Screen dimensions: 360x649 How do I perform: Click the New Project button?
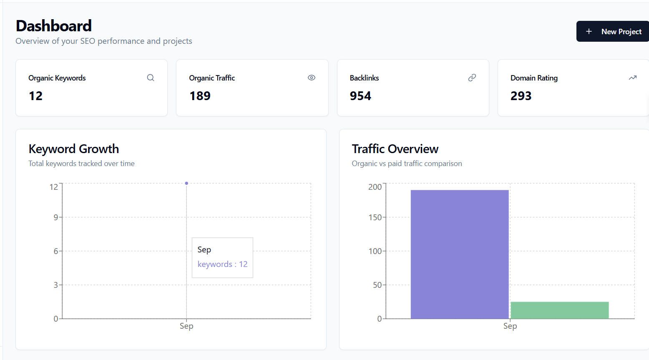613,32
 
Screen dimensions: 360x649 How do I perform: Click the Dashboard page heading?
54,26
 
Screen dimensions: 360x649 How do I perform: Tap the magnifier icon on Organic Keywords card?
151,78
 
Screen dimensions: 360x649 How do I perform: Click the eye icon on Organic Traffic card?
311,78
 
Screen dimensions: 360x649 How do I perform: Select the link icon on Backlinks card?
472,78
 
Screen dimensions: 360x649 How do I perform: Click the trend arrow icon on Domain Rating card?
632,78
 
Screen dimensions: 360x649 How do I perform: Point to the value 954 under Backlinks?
360,96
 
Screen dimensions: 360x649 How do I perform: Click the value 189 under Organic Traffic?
200,96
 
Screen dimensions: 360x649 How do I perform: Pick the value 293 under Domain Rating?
521,96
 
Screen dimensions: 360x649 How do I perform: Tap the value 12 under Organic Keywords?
36,96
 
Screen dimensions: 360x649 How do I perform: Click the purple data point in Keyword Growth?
186,183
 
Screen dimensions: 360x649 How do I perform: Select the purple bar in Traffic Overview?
459,254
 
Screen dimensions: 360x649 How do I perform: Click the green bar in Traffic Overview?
559,310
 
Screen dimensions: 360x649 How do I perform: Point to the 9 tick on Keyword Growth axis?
56,217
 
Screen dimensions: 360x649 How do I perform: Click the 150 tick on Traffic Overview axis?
375,217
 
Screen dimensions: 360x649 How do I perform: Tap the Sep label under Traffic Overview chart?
510,326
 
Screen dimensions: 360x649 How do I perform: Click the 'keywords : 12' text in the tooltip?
222,264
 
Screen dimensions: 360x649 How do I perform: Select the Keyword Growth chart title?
74,149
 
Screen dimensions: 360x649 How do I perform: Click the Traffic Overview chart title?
395,149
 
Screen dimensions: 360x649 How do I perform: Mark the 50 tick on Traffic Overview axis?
377,285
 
